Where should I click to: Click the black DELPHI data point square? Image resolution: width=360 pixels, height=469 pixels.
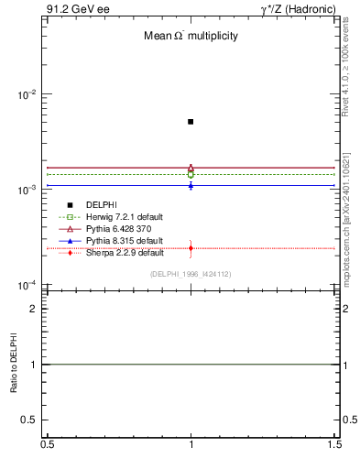(191, 121)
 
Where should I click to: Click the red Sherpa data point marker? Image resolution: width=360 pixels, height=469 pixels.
(191, 248)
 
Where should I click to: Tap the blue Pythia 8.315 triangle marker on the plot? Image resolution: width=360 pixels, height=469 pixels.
(191, 185)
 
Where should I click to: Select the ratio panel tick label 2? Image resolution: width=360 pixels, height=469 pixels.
(32, 309)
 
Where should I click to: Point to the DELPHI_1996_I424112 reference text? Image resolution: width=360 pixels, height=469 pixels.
(191, 274)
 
